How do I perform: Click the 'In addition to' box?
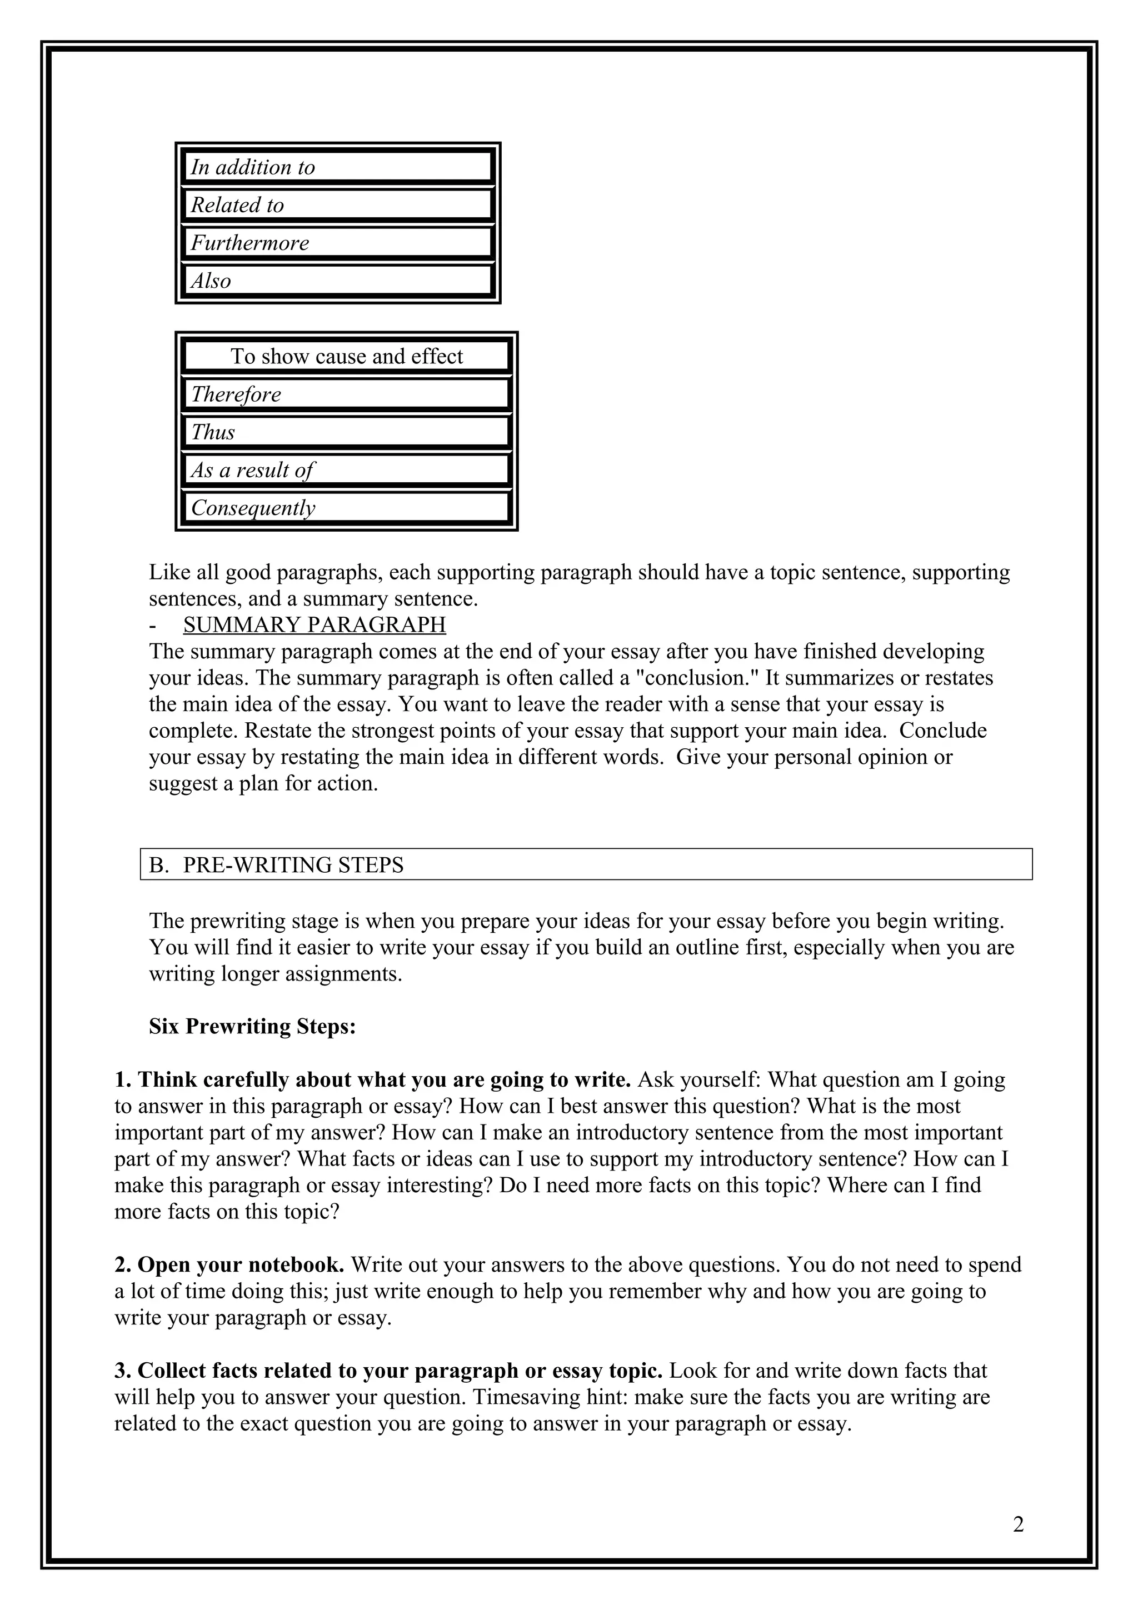point(337,167)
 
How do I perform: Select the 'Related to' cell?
point(337,205)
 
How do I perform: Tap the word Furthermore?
point(249,243)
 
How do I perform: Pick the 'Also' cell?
point(337,281)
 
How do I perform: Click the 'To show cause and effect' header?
point(346,356)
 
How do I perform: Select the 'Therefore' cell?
point(346,394)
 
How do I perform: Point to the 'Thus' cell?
point(346,432)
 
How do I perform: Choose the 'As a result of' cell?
point(346,470)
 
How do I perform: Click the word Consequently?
point(253,508)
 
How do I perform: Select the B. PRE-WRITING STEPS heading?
point(276,864)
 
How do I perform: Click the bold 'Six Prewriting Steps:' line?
point(252,1027)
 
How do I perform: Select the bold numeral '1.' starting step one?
point(123,1079)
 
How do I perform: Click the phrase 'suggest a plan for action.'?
point(263,783)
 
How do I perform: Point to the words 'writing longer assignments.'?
point(275,974)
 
